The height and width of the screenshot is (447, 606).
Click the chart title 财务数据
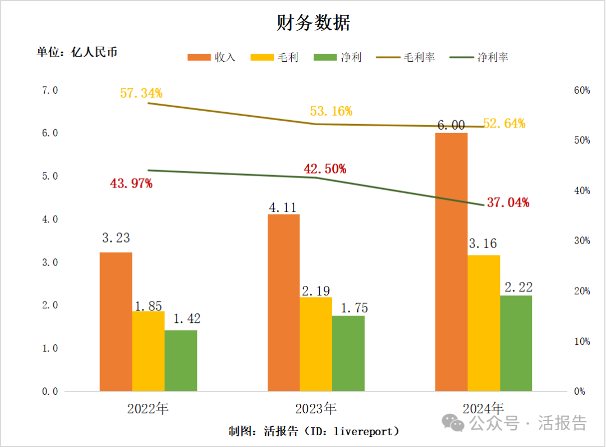[313, 23]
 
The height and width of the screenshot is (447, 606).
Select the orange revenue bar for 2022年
[116, 321]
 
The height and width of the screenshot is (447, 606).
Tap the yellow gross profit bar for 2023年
[315, 344]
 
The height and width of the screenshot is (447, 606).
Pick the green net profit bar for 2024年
[516, 343]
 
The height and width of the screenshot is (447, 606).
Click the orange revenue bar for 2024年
[451, 262]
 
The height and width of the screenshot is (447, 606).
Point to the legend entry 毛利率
[406, 57]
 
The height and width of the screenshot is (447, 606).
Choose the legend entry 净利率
[480, 57]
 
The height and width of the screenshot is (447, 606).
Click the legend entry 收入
[212, 57]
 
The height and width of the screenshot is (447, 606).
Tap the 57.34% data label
[141, 93]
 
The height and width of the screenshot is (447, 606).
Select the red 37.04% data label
[508, 203]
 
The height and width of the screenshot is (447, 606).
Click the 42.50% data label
[325, 168]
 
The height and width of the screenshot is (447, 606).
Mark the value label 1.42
[186, 319]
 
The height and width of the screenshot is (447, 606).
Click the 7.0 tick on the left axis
[50, 90]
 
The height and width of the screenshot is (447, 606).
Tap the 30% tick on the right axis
[582, 241]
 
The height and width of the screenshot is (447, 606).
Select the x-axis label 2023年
[316, 408]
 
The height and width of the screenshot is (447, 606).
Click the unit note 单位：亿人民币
[77, 52]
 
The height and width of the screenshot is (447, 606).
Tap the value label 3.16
[483, 244]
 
